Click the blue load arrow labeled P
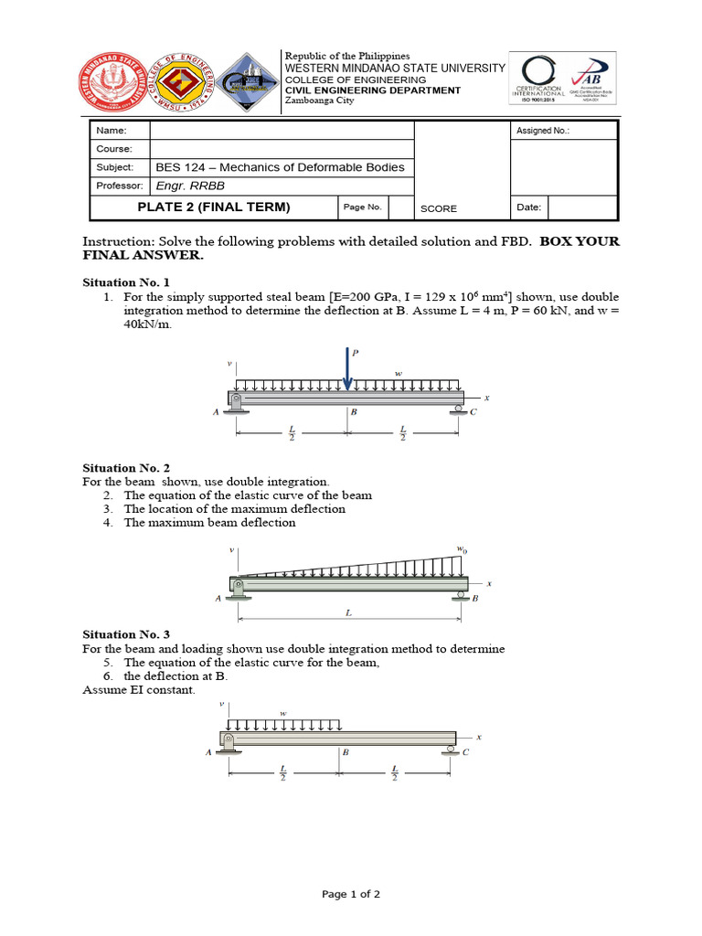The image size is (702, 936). [347, 367]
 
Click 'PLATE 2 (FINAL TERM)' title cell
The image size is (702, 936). [213, 207]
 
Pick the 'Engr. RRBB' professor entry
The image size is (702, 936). [184, 186]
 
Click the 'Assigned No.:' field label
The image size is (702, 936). [541, 131]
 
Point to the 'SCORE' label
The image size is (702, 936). [438, 208]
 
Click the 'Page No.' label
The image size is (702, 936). [362, 207]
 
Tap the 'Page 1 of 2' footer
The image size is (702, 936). [351, 894]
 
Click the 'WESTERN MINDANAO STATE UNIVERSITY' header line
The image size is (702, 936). [395, 69]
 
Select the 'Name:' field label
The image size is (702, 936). [108, 131]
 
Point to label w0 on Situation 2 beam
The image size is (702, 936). [461, 550]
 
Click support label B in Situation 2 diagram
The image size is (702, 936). [474, 599]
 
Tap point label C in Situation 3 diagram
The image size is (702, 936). [464, 752]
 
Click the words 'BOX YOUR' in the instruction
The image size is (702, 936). [580, 242]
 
